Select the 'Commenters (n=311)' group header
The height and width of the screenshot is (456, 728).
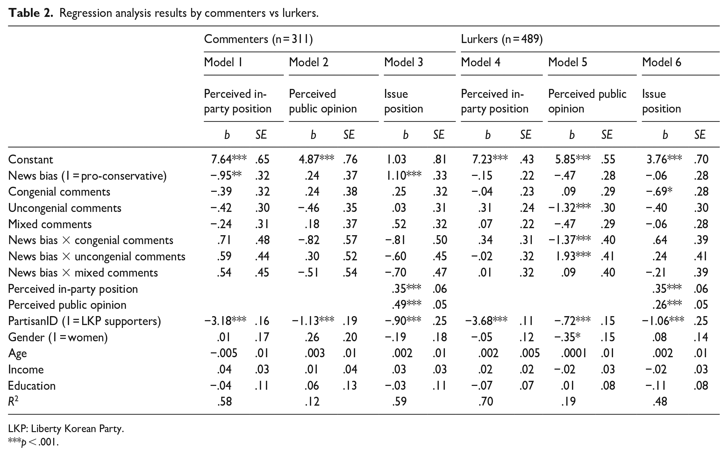point(258,39)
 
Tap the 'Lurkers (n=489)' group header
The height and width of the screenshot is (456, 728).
point(502,39)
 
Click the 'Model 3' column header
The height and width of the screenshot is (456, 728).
point(403,62)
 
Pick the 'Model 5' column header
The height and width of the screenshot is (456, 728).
point(567,62)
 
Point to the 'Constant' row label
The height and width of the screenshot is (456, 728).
point(31,159)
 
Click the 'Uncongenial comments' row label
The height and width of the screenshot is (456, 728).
point(65,208)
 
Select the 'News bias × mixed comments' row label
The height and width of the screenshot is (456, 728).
point(83,272)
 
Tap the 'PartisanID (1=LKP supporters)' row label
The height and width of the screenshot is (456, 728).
point(84,321)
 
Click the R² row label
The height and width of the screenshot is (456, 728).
point(13,401)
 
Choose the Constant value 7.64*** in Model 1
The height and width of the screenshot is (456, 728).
point(229,159)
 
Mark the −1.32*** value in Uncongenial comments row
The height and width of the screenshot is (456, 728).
point(569,208)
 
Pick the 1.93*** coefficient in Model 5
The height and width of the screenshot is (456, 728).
point(573,256)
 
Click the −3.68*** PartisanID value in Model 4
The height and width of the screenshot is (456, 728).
point(486,321)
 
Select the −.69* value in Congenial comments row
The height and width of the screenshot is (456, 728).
point(659,192)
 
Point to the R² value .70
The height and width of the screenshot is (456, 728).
point(486,402)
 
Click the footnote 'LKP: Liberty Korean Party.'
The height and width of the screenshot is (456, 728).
point(66,429)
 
